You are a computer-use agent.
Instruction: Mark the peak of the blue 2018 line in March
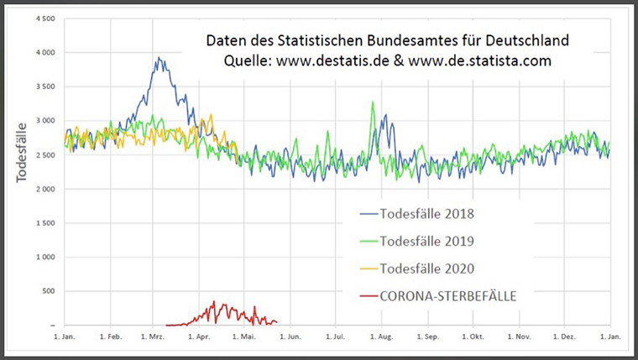point(159,58)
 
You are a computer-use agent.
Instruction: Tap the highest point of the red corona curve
point(214,301)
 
